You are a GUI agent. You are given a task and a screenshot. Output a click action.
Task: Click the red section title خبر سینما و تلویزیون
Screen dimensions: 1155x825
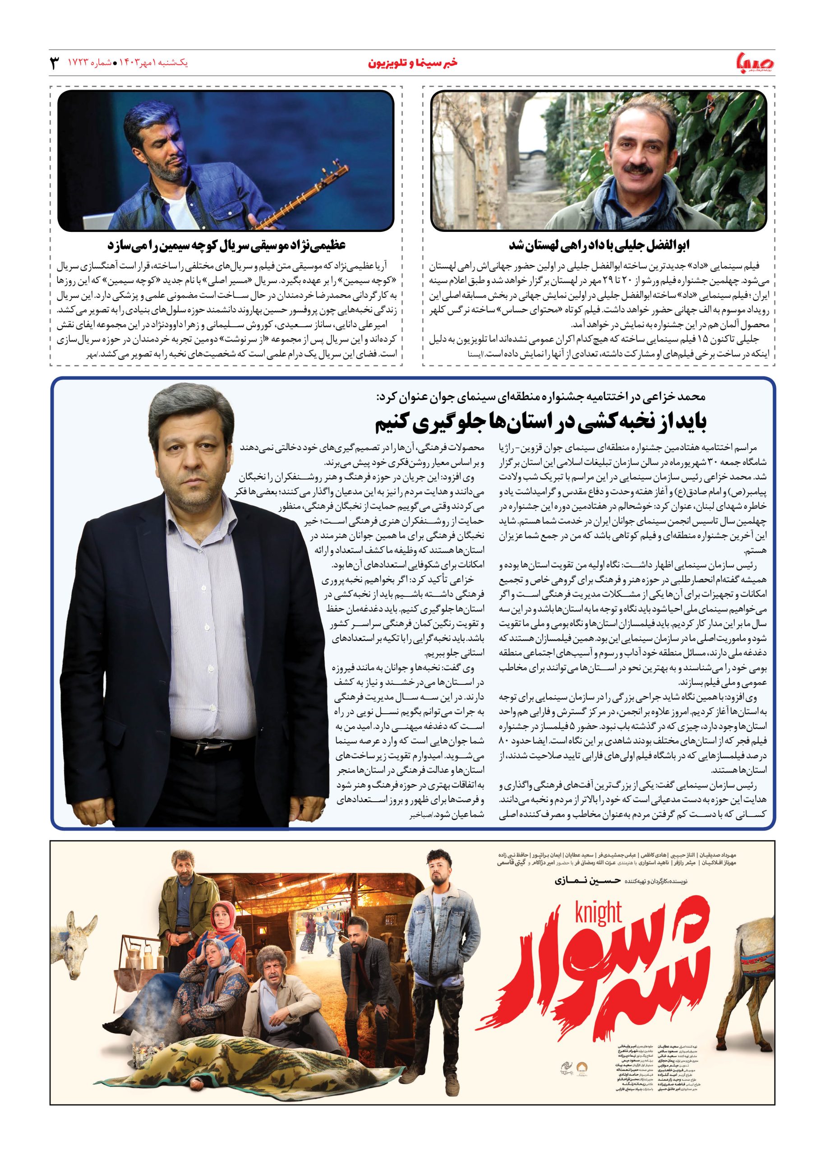(x=412, y=64)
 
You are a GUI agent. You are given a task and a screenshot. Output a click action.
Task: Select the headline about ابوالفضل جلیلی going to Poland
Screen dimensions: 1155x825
(x=599, y=245)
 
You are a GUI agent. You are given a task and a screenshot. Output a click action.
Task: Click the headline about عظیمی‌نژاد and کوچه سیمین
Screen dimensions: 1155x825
(x=226, y=245)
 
